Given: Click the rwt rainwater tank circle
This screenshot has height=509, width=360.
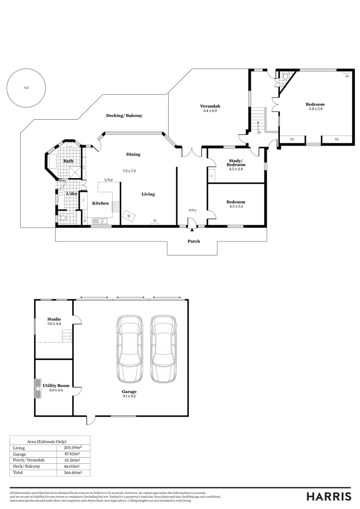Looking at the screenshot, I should point(26,88).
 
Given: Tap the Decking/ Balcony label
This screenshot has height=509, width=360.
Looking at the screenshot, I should point(124,115).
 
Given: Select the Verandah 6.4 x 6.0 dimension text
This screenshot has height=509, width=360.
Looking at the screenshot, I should point(210,110).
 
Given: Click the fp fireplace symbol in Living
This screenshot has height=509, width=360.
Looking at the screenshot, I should point(129,216).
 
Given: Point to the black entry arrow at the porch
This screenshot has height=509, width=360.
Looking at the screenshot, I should point(192,230).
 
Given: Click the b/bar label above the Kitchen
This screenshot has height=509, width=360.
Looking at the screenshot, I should point(109,180).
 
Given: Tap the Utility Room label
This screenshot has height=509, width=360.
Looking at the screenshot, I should point(53,386).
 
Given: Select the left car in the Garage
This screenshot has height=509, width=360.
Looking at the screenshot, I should point(130,349).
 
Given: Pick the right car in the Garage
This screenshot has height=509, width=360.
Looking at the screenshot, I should point(163,349).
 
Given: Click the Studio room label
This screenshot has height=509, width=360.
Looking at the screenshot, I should point(54,319).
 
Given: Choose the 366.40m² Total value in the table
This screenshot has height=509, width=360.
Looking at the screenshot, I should point(73,472).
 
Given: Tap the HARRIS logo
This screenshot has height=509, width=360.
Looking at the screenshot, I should point(328,496).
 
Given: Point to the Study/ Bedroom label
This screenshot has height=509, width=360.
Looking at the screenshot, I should point(236,163).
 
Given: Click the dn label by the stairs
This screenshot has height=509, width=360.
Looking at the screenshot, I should point(259,132).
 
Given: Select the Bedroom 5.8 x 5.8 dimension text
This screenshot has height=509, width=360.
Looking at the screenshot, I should point(315,109).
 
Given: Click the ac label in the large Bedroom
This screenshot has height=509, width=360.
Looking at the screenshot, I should point(347,76).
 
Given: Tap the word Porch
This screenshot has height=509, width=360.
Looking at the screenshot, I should point(194,241).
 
